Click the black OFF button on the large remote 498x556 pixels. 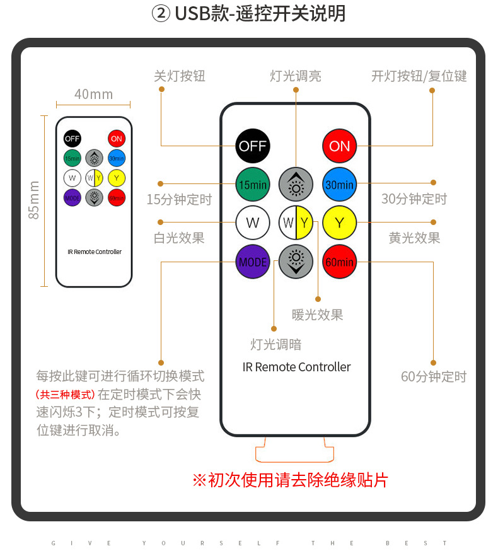[x=253, y=146]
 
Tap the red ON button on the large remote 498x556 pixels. [x=340, y=146]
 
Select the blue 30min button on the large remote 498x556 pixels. [x=340, y=185]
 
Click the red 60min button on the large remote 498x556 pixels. [x=340, y=261]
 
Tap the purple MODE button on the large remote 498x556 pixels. [x=253, y=261]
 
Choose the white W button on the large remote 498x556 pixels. [x=253, y=223]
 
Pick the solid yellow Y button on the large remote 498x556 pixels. [x=340, y=223]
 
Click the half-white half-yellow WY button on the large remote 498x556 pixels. [x=296, y=223]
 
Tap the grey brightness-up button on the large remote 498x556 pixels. [x=296, y=185]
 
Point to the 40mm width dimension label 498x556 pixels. [x=93, y=95]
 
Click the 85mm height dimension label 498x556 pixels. [x=34, y=200]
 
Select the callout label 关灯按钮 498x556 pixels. [x=180, y=76]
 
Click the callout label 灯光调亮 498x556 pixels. [x=296, y=76]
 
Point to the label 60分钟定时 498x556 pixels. [x=434, y=377]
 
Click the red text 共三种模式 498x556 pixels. [x=65, y=395]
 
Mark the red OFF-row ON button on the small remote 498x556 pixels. [x=116, y=139]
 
